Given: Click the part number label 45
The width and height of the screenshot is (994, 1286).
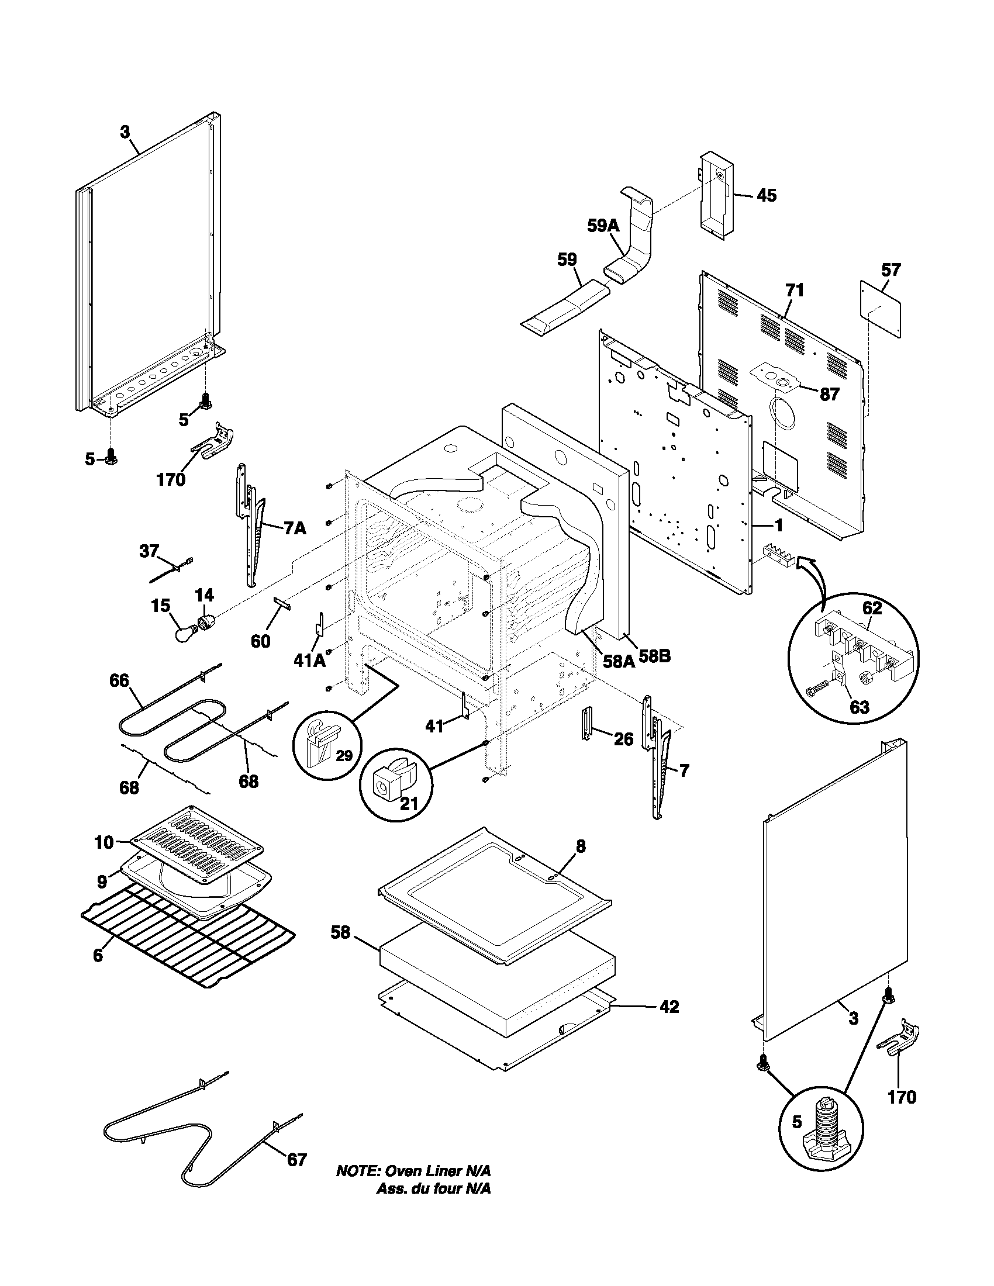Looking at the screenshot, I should pos(766,195).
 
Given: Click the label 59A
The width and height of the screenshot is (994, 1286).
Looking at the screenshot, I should pos(603,226).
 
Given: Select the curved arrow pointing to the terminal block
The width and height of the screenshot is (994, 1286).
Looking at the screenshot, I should pos(813,580).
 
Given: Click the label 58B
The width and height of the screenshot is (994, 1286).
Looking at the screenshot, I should pos(655,656).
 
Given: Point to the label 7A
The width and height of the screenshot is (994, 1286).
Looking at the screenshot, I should pos(295,528).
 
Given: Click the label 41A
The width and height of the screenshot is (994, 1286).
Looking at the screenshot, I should pos(310,661).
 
